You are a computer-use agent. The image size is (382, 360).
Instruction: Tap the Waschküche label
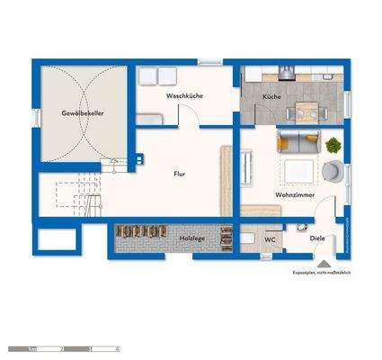tap(183, 94)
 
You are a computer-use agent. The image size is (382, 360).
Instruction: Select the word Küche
tap(272, 95)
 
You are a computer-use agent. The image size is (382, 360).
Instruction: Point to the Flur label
tap(180, 174)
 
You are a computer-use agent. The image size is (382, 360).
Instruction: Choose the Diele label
tap(316, 239)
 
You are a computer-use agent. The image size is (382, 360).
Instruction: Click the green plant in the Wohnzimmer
tap(333, 144)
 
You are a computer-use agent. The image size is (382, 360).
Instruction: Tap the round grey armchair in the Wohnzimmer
tap(332, 173)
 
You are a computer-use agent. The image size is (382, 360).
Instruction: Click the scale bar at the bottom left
tap(63, 347)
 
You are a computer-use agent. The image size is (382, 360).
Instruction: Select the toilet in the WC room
tap(248, 239)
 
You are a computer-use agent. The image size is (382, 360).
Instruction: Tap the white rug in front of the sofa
tap(298, 170)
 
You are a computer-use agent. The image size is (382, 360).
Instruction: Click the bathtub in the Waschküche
tap(150, 117)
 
